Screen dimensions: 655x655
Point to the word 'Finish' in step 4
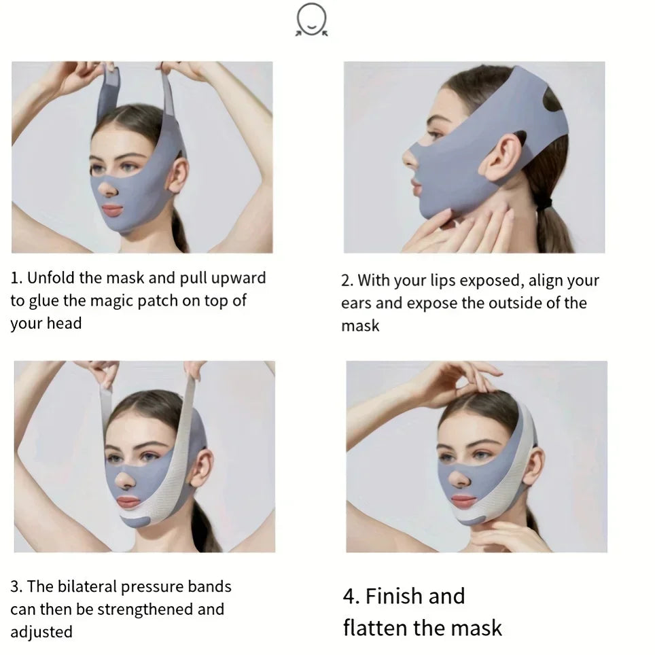394,596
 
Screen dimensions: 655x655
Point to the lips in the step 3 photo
129,502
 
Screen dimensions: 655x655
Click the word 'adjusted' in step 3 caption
41,631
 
